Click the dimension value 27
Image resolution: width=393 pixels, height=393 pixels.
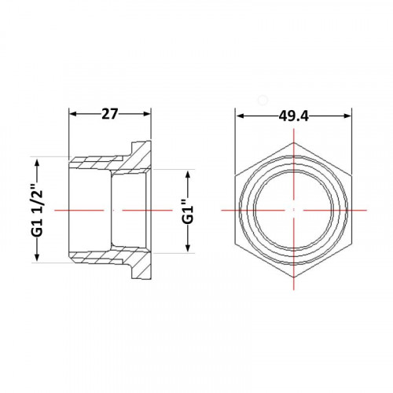[x=110, y=114]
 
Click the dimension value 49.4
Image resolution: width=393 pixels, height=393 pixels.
[x=294, y=116]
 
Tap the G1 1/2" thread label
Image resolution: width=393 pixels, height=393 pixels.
[x=38, y=211]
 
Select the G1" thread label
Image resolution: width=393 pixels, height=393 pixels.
[x=188, y=211]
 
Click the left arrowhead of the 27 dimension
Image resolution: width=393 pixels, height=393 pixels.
[x=72, y=114]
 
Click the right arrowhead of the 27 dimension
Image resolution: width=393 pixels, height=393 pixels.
[x=148, y=114]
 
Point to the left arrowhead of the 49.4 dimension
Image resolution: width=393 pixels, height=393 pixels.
[x=240, y=116]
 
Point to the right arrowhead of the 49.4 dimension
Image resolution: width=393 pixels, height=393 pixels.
[x=347, y=116]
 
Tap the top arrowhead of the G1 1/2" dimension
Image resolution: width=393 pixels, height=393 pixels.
[x=37, y=162]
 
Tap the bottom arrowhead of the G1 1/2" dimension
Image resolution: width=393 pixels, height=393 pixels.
[x=37, y=258]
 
